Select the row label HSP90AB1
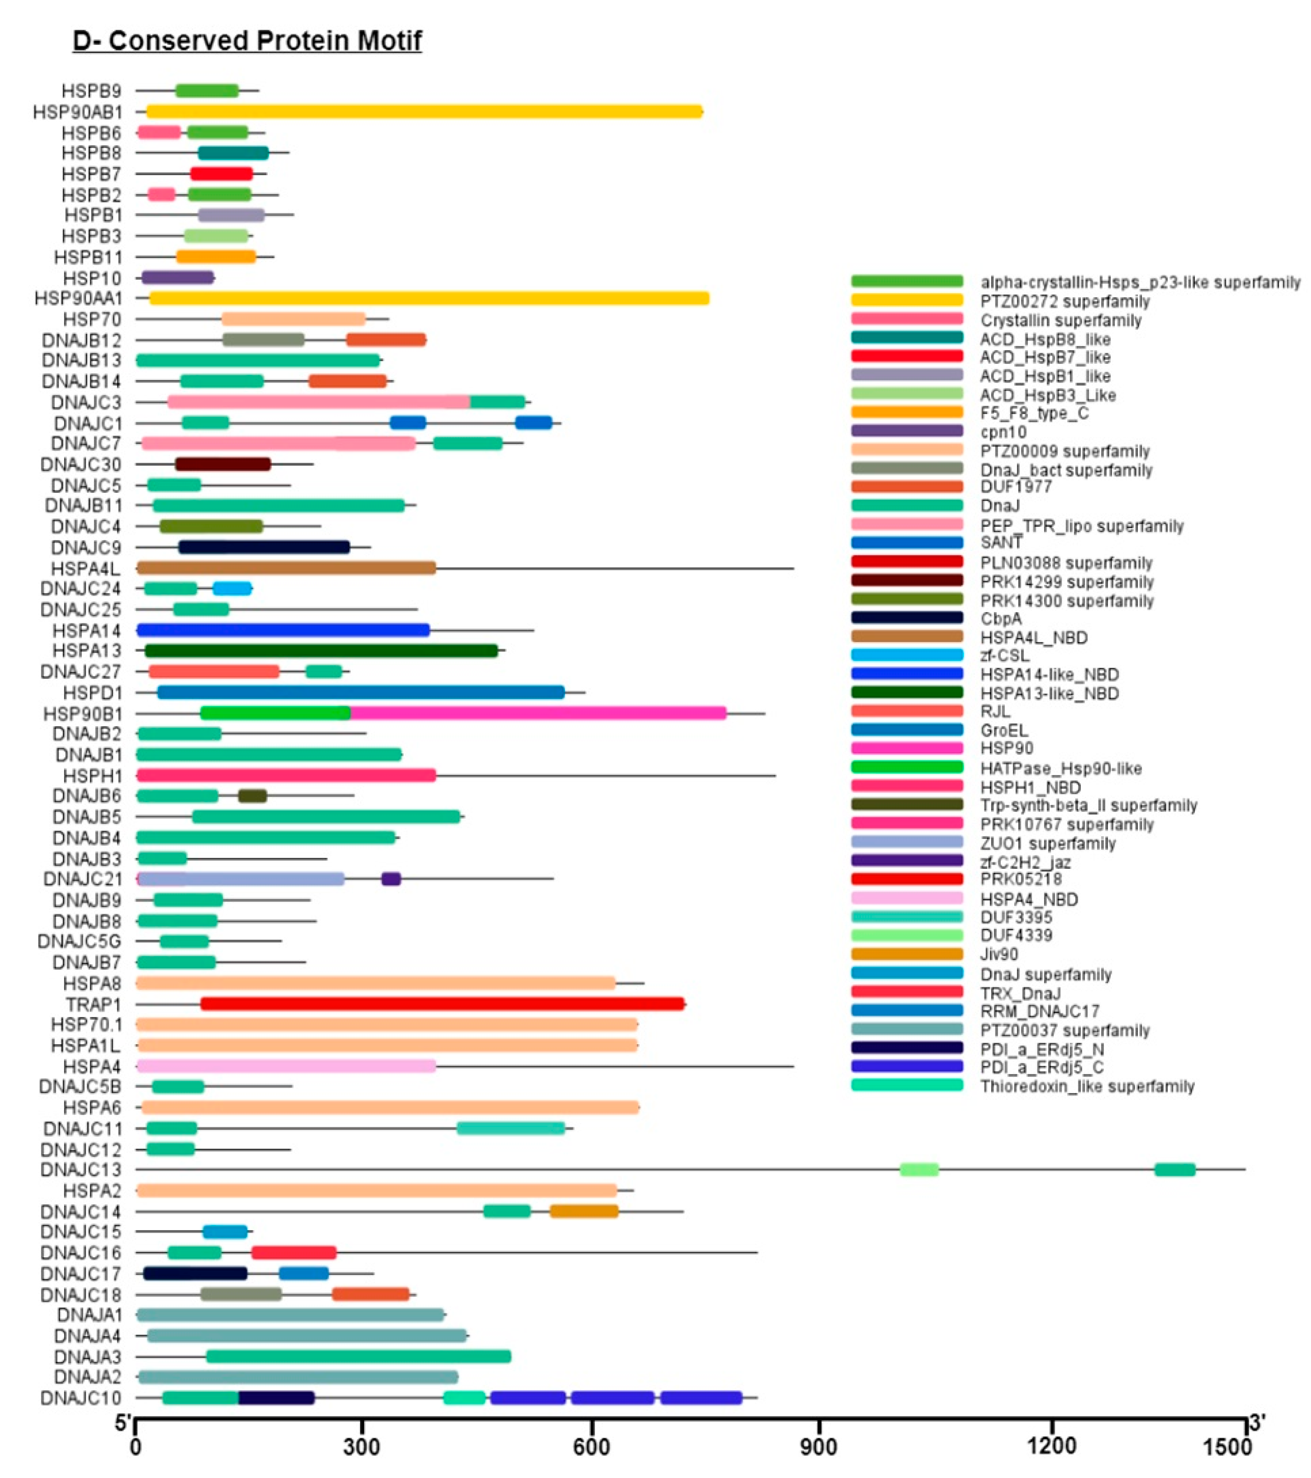click(x=78, y=112)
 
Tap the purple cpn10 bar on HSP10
click(x=178, y=277)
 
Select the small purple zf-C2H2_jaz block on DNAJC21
click(x=390, y=878)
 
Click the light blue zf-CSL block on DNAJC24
click(x=232, y=589)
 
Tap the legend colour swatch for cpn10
click(x=907, y=431)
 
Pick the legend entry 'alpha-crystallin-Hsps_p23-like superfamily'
click(x=1140, y=282)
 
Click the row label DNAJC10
click(x=81, y=1398)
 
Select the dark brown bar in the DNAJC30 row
click(x=223, y=464)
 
